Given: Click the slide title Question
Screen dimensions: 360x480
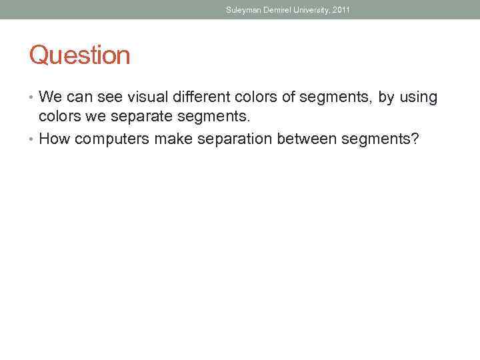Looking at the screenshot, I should click(79, 55).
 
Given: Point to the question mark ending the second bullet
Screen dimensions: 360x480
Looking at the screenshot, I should click(415, 139).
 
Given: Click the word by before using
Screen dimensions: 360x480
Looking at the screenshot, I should click(386, 98).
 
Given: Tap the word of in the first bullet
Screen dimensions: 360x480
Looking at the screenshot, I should click(289, 98).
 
